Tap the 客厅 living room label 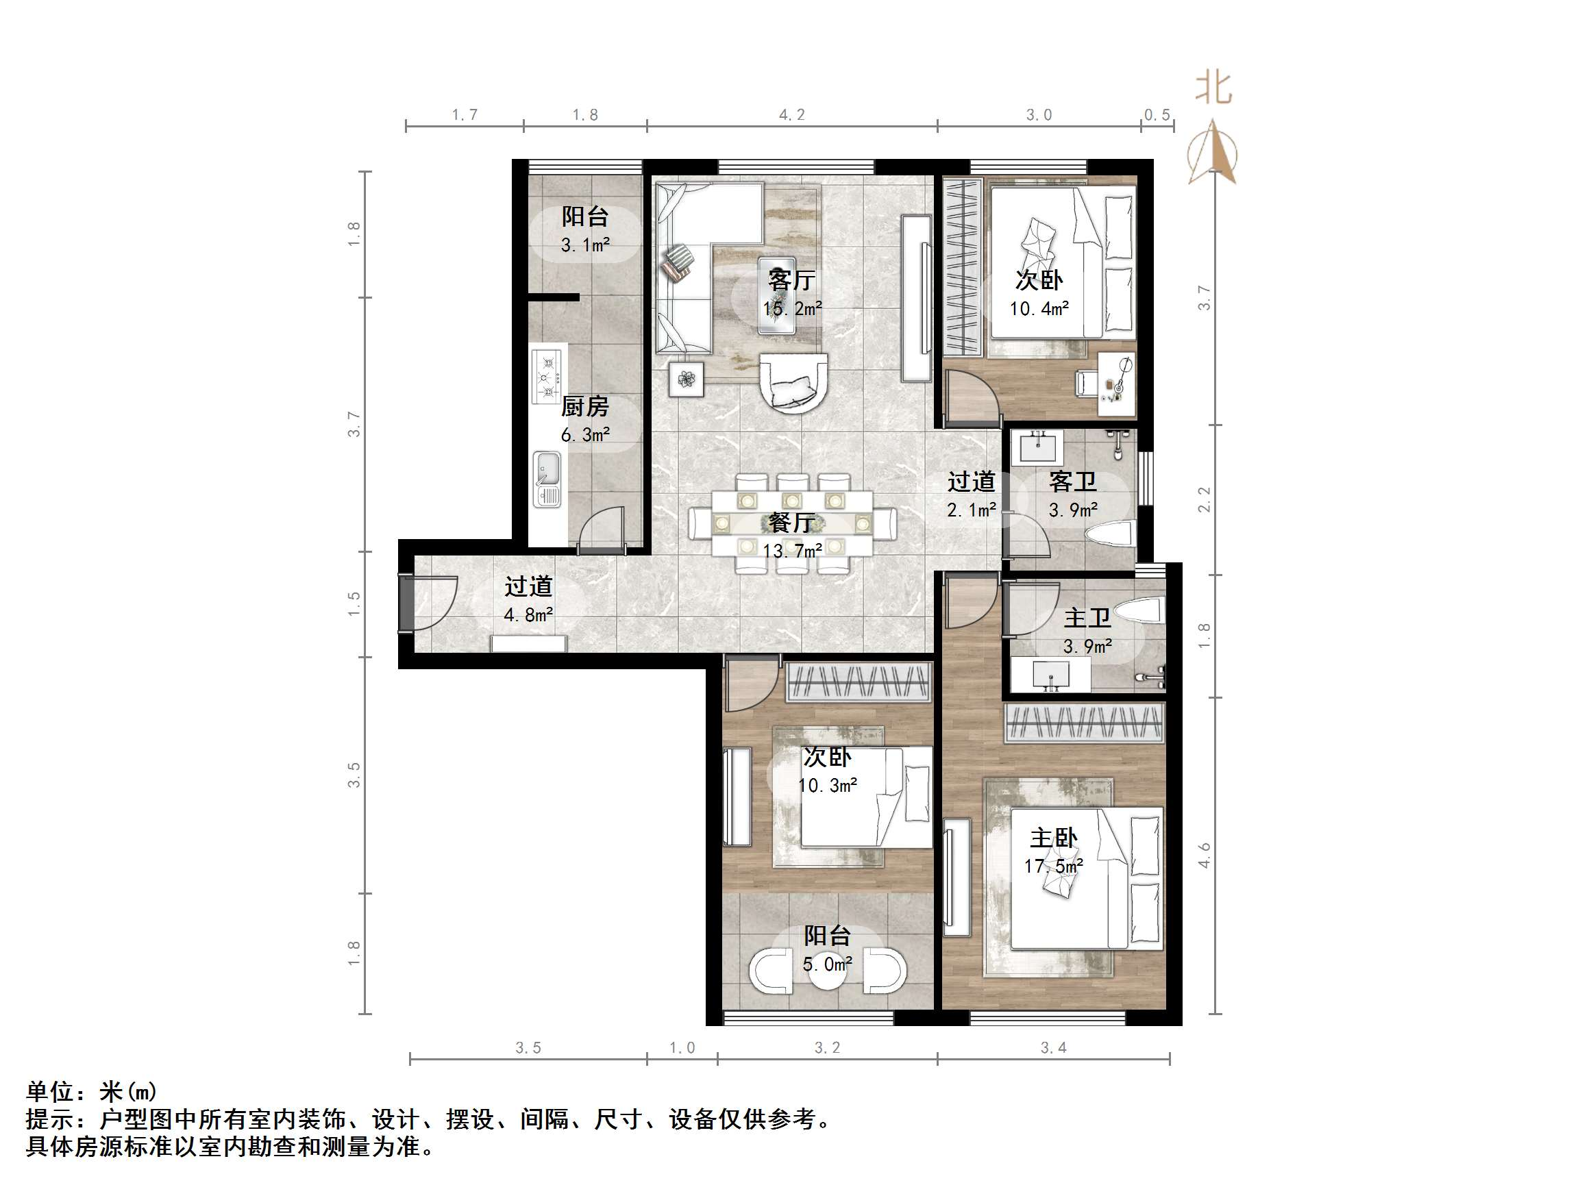(x=791, y=280)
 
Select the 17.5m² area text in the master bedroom (x=1053, y=866)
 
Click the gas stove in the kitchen (x=548, y=377)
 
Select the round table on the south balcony (x=827, y=972)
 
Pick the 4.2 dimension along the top (x=791, y=115)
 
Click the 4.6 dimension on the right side (x=1205, y=856)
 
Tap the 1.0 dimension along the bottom (x=682, y=1048)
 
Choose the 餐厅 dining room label (x=791, y=523)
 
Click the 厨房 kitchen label (x=584, y=406)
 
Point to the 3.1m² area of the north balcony (x=585, y=245)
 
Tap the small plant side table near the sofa (x=687, y=379)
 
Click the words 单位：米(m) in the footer (x=91, y=1091)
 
